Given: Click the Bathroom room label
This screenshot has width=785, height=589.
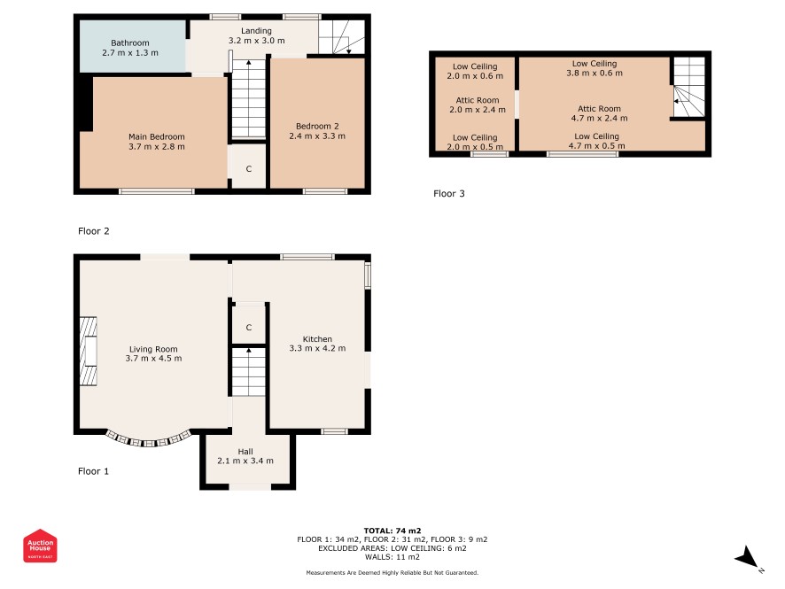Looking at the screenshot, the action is click(130, 43).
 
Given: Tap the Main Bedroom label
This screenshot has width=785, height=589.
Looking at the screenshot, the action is click(157, 136).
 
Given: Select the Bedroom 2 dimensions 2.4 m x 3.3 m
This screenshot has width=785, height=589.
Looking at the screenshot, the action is click(317, 136).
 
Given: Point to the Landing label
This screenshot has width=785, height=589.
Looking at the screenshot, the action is click(256, 31).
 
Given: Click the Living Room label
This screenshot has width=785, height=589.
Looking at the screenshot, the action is click(153, 349).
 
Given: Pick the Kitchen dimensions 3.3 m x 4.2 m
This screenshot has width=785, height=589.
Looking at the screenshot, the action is click(317, 348).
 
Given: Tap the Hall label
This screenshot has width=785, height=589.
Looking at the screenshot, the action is click(245, 452).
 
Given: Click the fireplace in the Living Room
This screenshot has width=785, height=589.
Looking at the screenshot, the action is click(88, 352).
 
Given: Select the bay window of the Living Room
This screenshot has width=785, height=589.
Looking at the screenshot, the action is click(149, 440).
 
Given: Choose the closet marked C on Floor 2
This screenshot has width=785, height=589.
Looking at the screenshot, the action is click(249, 168).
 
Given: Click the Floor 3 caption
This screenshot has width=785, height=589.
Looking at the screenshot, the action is click(449, 194).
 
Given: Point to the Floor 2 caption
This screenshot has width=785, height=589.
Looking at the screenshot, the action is click(94, 231).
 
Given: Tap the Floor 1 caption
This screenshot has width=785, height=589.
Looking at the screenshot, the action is click(93, 471).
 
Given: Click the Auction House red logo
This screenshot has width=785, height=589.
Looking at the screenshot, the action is click(40, 546).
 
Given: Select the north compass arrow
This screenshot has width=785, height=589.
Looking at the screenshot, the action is click(747, 557).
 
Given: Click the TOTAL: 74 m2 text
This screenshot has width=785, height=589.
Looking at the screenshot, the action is click(392, 531).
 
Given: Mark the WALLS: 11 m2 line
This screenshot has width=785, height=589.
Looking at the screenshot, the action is click(392, 557).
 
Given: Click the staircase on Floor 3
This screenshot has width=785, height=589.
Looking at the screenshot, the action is click(688, 87).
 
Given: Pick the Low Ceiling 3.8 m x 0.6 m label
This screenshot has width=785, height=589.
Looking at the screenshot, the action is click(595, 68).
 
